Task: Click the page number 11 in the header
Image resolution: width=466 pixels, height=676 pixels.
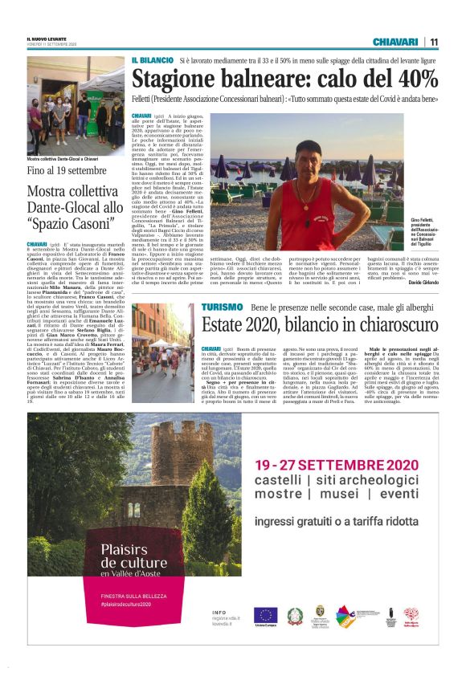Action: click(434, 42)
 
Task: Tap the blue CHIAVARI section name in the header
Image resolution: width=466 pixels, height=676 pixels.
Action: click(395, 42)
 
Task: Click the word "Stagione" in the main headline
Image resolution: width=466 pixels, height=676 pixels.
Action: click(173, 79)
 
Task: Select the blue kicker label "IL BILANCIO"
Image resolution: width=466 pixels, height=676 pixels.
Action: click(153, 61)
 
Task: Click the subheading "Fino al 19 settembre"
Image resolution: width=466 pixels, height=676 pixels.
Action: click(67, 171)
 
